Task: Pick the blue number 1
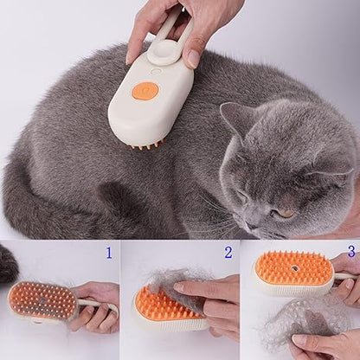pos(108,253)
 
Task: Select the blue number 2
pos(228,253)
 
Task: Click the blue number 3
pos(350,251)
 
